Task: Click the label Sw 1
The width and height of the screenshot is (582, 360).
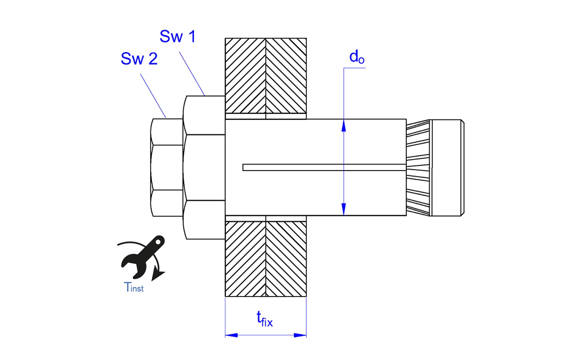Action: [177, 36]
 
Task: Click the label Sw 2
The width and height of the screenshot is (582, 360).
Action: [139, 59]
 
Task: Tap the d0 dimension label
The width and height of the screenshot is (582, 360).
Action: [357, 57]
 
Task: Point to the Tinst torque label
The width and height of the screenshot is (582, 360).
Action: [134, 287]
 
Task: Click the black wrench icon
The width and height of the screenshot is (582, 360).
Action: [143, 257]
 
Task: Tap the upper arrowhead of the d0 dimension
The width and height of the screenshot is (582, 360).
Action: [344, 126]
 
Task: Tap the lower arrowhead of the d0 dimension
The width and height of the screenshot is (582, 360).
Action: [344, 209]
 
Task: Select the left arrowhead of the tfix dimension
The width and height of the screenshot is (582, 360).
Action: [232, 335]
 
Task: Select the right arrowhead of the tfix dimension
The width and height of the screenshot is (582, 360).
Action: [300, 335]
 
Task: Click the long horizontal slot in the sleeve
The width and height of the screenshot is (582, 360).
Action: [324, 167]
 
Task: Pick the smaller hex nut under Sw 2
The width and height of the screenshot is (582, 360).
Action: [167, 167]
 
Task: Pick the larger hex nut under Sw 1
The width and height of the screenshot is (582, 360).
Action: [204, 167]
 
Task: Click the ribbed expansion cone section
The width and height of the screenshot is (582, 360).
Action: [418, 167]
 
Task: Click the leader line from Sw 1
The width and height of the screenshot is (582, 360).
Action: [192, 74]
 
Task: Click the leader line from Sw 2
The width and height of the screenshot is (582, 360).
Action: [153, 96]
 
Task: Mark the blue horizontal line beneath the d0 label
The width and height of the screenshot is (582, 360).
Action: [354, 68]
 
